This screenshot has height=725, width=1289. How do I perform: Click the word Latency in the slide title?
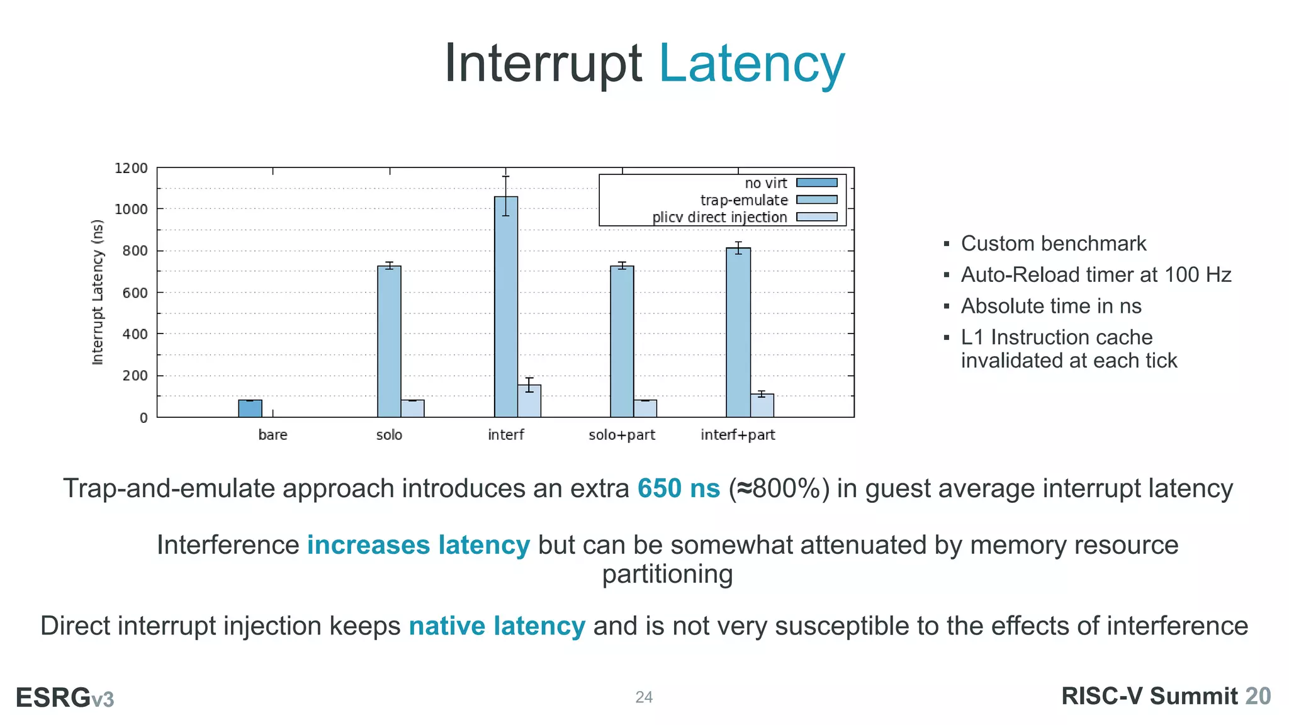pos(751,64)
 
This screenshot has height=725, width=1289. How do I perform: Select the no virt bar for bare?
pos(250,408)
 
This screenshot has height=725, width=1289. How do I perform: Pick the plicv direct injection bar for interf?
pos(529,401)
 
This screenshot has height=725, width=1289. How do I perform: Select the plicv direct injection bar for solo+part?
pos(645,408)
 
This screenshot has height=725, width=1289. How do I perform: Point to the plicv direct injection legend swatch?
pos(816,217)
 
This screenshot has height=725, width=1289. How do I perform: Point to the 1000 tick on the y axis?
pos(131,209)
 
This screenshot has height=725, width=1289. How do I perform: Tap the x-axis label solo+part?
pos(622,435)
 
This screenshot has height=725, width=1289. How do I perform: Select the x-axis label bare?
pos(273,435)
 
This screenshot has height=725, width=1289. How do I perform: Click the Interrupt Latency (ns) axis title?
pos(98,292)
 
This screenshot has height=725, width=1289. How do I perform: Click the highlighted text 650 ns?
pos(678,488)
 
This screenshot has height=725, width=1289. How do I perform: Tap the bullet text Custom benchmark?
pos(1053,244)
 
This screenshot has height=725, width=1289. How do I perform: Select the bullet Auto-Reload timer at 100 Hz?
pos(1095,275)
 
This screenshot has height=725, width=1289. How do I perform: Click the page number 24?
pos(644,697)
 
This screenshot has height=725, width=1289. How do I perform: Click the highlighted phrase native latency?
pos(497,626)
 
